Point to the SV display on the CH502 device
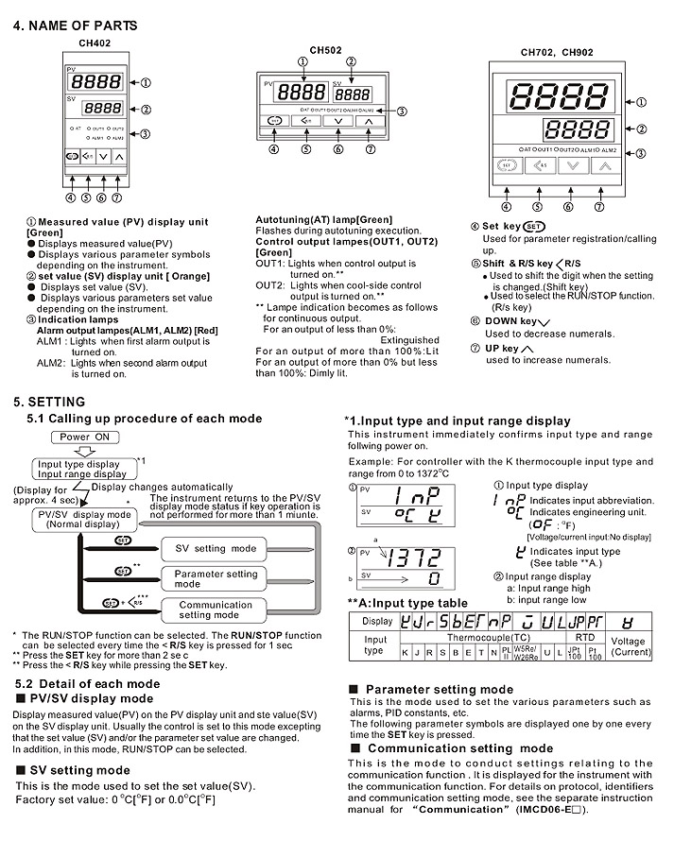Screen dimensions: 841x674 [x=354, y=94]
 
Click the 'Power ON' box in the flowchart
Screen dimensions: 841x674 [x=89, y=438]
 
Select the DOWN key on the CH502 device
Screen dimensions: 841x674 [x=337, y=121]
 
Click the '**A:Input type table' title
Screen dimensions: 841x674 [x=406, y=603]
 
